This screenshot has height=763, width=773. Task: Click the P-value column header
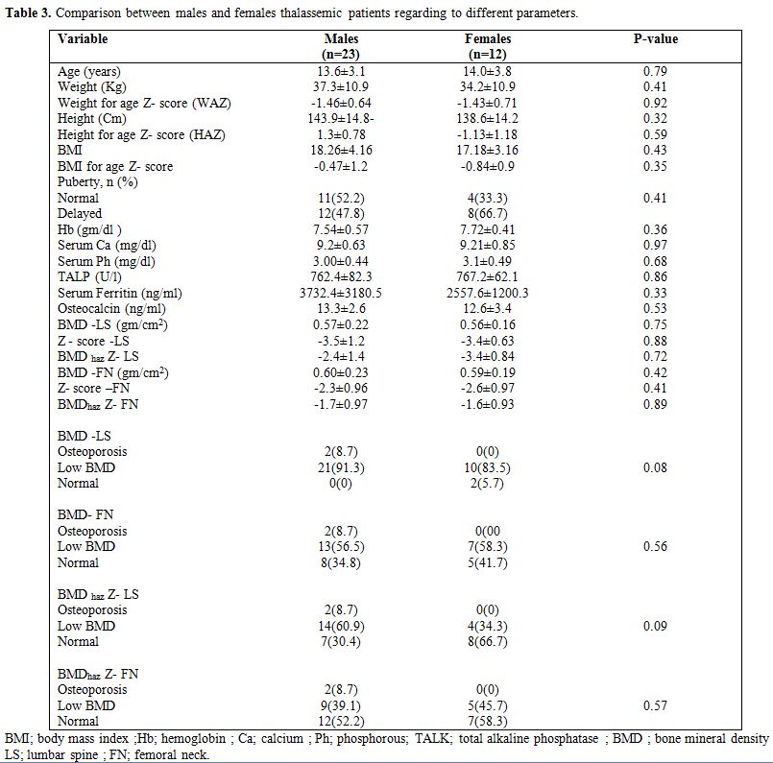pyautogui.click(x=655, y=39)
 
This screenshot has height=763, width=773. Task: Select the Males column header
pyautogui.click(x=341, y=46)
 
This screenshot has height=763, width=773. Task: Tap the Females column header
pyautogui.click(x=488, y=46)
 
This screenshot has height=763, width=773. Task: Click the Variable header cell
pyautogui.click(x=83, y=39)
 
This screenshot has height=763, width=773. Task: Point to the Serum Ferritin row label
pyautogui.click(x=120, y=293)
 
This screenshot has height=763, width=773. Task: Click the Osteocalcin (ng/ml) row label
pyautogui.click(x=111, y=309)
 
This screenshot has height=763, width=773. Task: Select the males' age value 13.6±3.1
pyautogui.click(x=341, y=71)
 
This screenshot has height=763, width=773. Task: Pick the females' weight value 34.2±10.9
pyautogui.click(x=488, y=86)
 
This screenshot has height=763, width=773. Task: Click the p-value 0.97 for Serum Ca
pyautogui.click(x=655, y=245)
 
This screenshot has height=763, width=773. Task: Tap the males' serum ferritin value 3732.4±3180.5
pyautogui.click(x=341, y=293)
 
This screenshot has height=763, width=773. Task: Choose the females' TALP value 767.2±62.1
pyautogui.click(x=487, y=276)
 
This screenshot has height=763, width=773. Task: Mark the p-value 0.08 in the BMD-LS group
pyautogui.click(x=655, y=467)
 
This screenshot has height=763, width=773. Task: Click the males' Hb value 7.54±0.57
pyautogui.click(x=341, y=229)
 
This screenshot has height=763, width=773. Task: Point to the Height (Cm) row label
pyautogui.click(x=91, y=119)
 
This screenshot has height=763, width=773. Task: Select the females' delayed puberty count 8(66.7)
pyautogui.click(x=488, y=213)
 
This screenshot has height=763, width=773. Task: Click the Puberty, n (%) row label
pyautogui.click(x=98, y=182)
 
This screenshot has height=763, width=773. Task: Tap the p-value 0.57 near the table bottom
pyautogui.click(x=655, y=705)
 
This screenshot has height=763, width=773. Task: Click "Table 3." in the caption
pyautogui.click(x=28, y=13)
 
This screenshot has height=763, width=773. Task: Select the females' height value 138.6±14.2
pyautogui.click(x=488, y=119)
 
